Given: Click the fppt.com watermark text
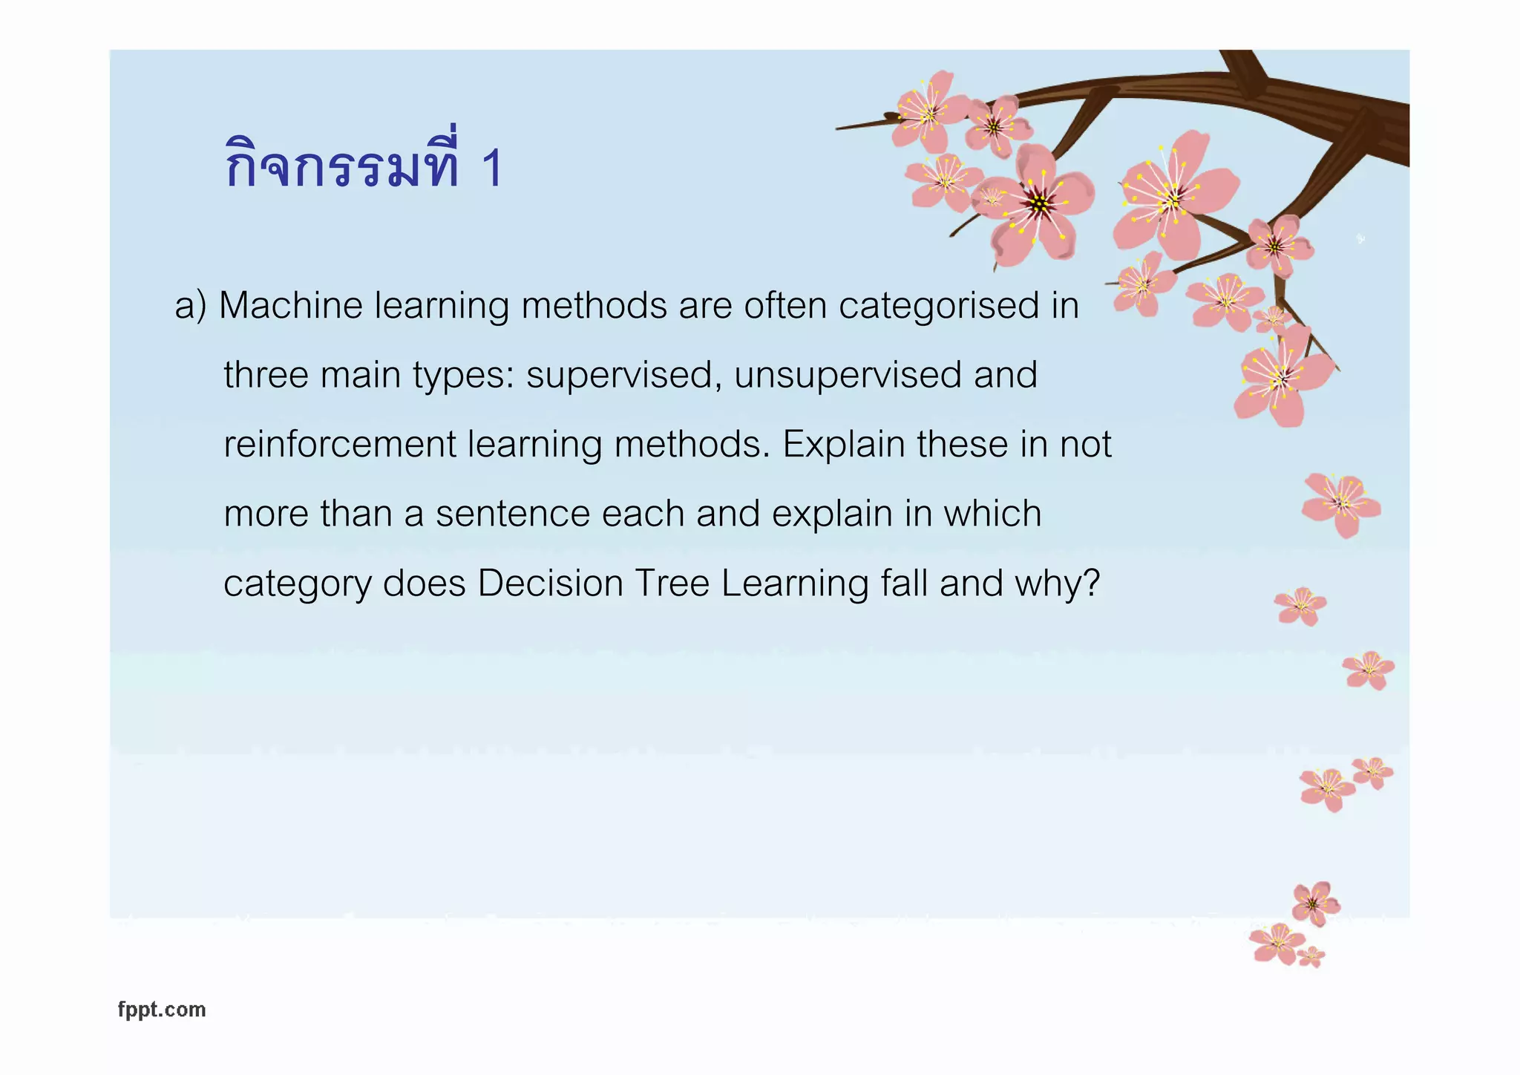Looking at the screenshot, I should (x=162, y=1010).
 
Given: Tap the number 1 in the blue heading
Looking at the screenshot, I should (x=492, y=169).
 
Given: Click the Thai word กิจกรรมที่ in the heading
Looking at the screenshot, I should (x=342, y=165).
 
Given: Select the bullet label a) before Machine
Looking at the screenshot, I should (x=191, y=306).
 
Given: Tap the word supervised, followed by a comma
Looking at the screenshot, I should (x=624, y=376).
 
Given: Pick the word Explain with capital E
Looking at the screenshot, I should (x=844, y=445).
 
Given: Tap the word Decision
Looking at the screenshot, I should (x=550, y=584).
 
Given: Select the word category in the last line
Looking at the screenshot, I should (x=297, y=584).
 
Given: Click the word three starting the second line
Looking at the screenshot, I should (x=266, y=375).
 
